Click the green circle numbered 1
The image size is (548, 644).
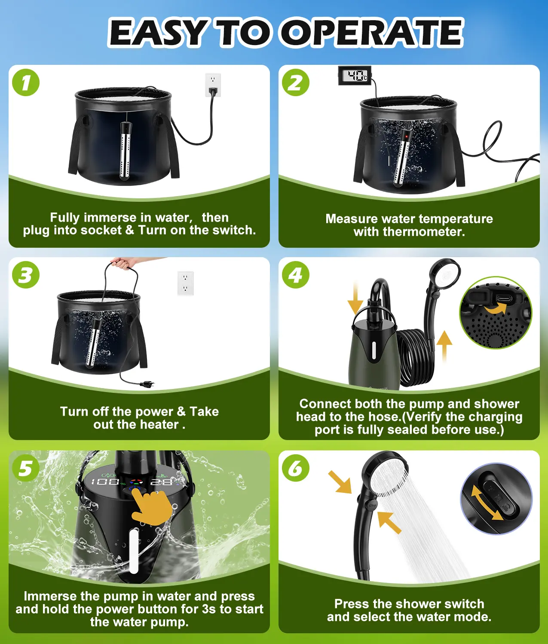[26, 82]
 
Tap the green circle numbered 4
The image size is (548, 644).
[296, 275]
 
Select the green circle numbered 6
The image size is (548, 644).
[296, 468]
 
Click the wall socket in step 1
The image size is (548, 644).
[213, 85]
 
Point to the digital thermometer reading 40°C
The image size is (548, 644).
[355, 75]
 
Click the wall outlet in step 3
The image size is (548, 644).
[186, 283]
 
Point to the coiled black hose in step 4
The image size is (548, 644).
[414, 358]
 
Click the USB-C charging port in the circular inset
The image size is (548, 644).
[504, 298]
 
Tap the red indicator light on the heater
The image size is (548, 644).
[407, 137]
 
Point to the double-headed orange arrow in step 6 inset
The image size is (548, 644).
[487, 502]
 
